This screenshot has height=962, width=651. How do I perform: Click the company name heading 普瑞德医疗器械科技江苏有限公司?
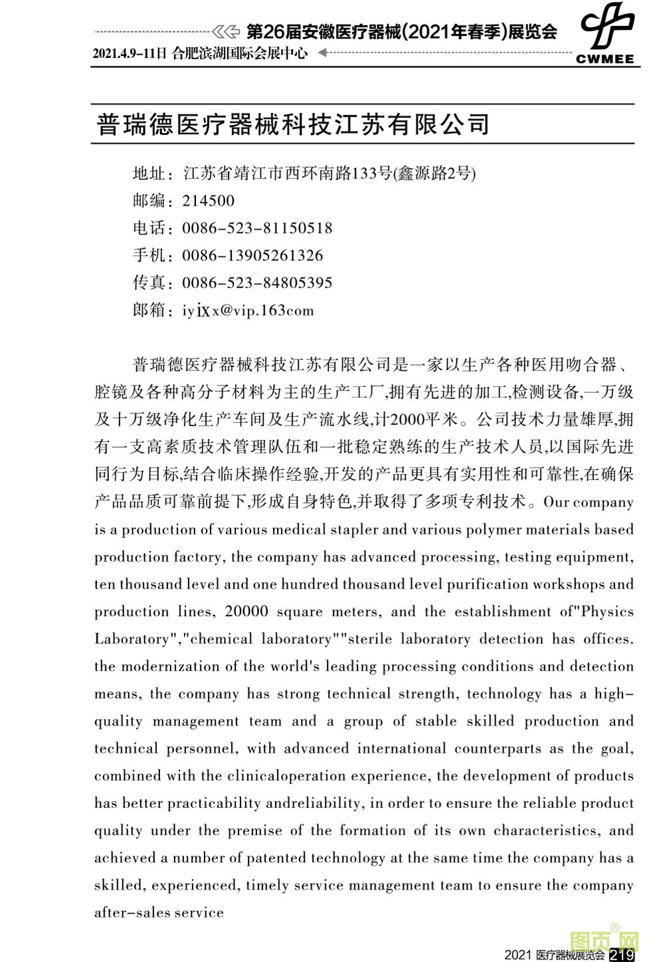[293, 124]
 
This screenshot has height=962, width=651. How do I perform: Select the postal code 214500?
[208, 201]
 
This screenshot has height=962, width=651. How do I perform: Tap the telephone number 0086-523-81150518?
[257, 228]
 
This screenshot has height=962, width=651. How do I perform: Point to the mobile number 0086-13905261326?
[252, 256]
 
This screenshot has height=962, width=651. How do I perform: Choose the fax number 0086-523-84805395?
[257, 283]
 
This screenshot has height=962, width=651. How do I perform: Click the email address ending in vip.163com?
[248, 311]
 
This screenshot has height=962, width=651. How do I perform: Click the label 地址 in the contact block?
[149, 174]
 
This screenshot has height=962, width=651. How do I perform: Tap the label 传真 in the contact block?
[149, 283]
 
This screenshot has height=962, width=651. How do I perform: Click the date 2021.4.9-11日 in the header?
[130, 54]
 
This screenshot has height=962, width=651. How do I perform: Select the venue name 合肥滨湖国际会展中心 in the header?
[239, 54]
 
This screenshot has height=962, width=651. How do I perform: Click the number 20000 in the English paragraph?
[246, 611]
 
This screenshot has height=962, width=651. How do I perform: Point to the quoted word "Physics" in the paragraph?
[604, 611]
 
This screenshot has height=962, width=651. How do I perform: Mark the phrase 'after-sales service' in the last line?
[159, 912]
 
